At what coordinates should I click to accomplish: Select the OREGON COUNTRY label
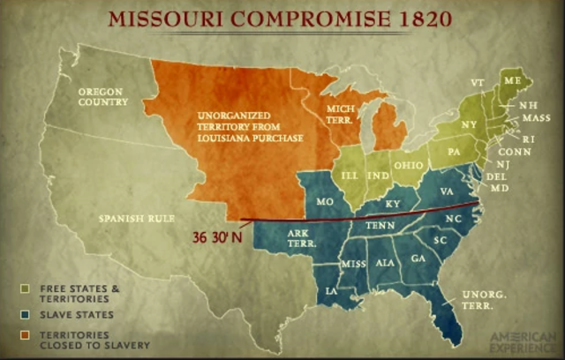102,96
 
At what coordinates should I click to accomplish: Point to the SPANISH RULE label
135,217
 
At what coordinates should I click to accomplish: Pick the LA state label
331,289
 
